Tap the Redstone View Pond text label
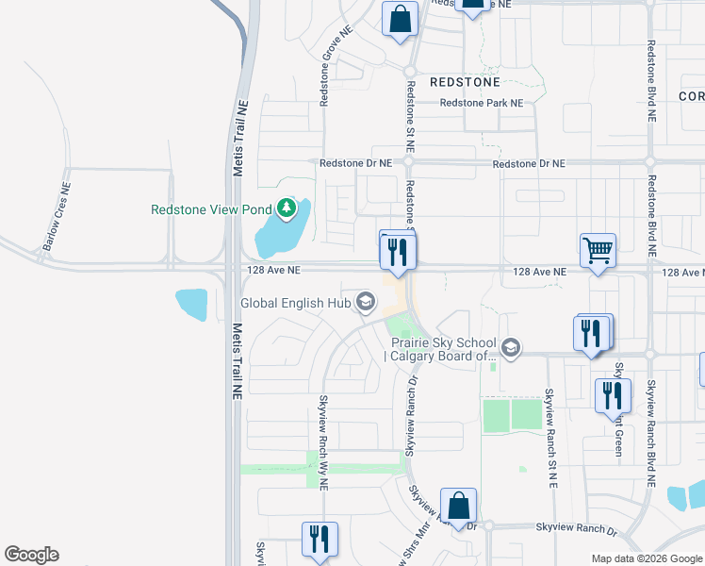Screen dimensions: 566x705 click(211, 209)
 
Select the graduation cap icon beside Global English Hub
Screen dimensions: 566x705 click(365, 303)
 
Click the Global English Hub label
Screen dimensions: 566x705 click(295, 304)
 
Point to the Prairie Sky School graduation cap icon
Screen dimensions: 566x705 click(511, 348)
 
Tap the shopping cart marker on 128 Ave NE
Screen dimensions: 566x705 click(598, 252)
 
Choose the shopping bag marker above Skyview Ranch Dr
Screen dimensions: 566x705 click(458, 508)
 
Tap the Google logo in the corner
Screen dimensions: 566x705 click(31, 555)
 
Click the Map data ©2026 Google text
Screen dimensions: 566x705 click(646, 558)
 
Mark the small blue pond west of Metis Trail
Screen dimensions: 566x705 click(191, 305)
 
